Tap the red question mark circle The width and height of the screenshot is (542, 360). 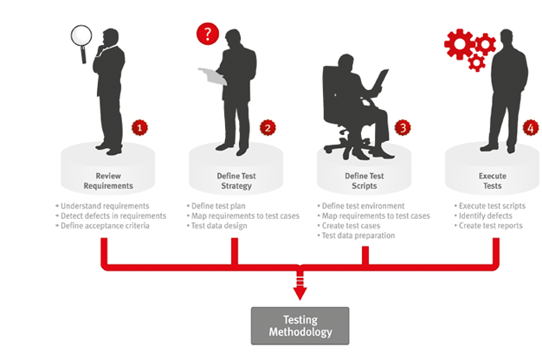click(207, 35)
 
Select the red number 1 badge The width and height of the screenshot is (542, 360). click(140, 127)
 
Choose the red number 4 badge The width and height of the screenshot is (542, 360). click(530, 127)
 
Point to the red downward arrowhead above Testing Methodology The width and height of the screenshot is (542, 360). click(300, 290)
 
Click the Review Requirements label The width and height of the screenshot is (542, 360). click(108, 181)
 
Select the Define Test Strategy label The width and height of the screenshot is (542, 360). click(235, 181)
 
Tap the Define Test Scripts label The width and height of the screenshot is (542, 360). click(365, 181)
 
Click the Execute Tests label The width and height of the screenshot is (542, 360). click(493, 181)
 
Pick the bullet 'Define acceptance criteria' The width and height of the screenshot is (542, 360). click(105, 226)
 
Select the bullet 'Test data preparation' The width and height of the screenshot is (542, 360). click(357, 235)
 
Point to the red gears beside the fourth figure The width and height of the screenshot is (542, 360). click(470, 48)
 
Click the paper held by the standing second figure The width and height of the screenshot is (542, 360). click(212, 76)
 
